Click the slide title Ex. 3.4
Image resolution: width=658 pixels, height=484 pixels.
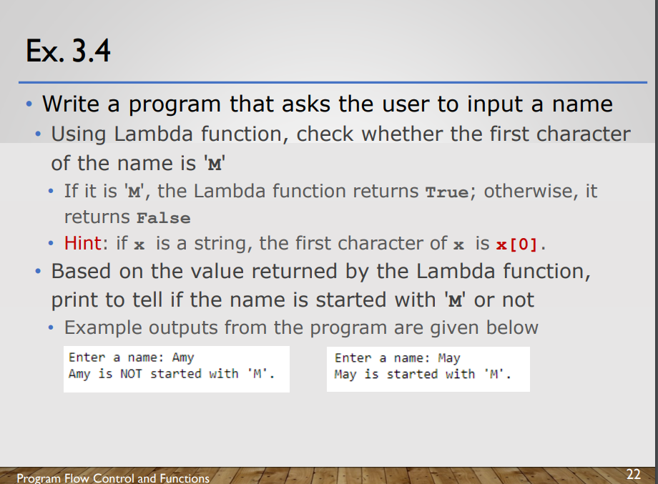[x=68, y=51]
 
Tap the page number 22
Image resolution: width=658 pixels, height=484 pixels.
[x=633, y=475]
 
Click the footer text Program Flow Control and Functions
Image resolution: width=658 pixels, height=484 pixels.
[x=113, y=478]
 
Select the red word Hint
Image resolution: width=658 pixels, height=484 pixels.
[x=83, y=243]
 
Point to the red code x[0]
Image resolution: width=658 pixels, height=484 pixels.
[x=516, y=244]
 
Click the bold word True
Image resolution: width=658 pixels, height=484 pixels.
[x=447, y=192]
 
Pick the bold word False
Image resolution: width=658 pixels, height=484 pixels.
[x=164, y=218]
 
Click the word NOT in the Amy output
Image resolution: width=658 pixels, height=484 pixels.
[x=131, y=374]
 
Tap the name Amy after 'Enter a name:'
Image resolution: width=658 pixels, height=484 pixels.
[x=183, y=357]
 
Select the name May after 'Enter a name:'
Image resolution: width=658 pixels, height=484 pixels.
[x=449, y=358]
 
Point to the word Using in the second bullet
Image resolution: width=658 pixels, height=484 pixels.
[x=79, y=135]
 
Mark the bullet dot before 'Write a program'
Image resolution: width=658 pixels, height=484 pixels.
[x=29, y=104]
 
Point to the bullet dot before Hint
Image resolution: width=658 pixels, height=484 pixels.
[x=51, y=244]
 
